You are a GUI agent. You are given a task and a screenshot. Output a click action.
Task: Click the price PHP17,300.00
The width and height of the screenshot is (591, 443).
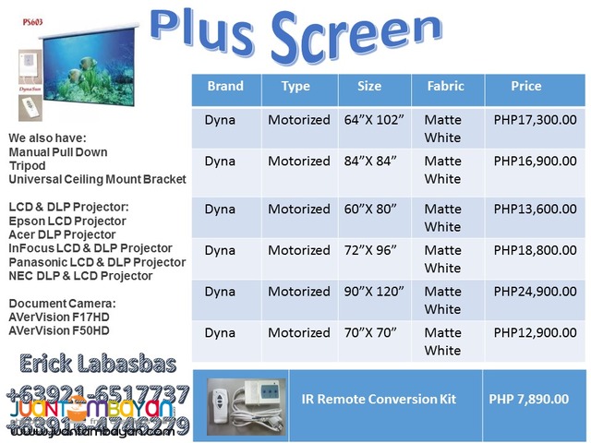535,120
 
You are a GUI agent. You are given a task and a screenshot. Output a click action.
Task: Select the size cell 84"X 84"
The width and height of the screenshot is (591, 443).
369,162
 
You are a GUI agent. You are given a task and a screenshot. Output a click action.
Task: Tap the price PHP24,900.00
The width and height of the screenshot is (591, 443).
535,292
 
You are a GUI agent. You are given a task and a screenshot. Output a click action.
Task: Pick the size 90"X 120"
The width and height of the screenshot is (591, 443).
373,292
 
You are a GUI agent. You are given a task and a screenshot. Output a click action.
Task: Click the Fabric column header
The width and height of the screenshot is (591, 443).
445,87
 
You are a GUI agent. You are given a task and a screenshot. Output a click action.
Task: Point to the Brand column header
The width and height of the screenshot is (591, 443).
225,87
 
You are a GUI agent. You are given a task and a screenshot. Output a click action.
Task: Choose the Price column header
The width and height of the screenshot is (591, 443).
526,87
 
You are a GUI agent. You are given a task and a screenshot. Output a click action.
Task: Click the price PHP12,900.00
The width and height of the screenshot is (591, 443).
535,333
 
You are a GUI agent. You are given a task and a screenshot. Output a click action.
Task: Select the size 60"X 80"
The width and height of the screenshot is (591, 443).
369,209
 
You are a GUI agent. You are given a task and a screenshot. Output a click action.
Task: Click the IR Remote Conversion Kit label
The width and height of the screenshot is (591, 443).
381,399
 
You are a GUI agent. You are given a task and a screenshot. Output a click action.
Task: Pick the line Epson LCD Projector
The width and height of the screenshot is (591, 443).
67,221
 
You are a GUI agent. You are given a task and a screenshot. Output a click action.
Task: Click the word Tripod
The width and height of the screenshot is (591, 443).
28,165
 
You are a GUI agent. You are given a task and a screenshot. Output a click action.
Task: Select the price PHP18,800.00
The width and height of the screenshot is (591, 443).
535,250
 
